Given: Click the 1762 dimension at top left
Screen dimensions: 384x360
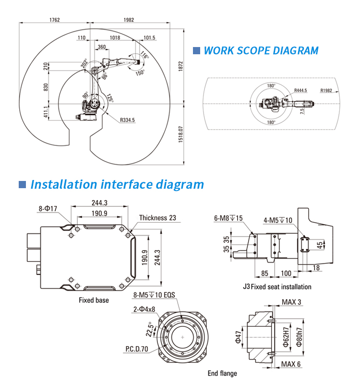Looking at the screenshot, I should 54,20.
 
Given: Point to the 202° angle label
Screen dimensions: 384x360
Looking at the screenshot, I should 84,64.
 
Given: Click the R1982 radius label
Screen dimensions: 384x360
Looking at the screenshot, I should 327,90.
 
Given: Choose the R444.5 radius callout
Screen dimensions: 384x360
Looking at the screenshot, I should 301,90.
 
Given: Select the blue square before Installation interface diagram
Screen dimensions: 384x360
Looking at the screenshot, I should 22,184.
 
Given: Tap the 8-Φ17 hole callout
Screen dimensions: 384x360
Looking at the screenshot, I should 48,208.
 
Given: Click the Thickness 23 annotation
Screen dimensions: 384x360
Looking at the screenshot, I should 157,218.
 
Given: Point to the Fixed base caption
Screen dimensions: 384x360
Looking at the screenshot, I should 94,300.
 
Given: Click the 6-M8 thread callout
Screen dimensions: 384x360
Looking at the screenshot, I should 228,218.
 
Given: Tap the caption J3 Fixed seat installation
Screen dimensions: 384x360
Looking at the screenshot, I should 277,287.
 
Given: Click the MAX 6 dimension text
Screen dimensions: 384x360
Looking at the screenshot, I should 291,364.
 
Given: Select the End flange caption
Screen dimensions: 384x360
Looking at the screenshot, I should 222,373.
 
